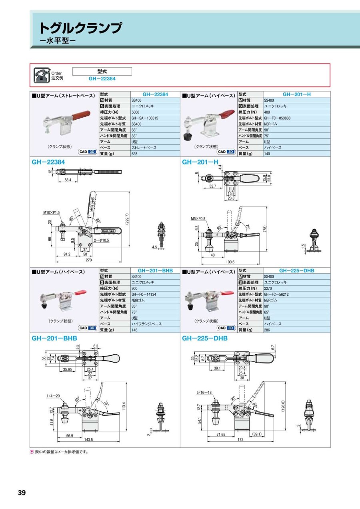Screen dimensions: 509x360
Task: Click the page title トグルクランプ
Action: [x=80, y=28]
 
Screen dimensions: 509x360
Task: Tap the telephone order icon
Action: [x=40, y=75]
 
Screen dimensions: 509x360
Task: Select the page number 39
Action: [x=22, y=493]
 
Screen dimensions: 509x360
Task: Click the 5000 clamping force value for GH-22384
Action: [x=136, y=112]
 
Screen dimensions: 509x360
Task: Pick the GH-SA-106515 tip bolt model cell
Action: [x=145, y=118]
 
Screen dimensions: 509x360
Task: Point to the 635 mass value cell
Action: [x=134, y=154]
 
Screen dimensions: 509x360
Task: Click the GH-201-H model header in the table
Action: [x=296, y=94]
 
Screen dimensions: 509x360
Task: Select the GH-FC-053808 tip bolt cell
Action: [x=277, y=118]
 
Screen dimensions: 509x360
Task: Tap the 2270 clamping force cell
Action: [x=268, y=288]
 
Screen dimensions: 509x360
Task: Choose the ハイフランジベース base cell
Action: [x=147, y=324]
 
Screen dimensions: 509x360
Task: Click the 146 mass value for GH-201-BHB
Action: [x=134, y=330]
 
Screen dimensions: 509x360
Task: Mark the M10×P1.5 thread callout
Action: [x=52, y=212]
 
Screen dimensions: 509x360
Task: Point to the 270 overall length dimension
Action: [x=89, y=260]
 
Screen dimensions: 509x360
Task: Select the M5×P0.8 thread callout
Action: [x=198, y=218]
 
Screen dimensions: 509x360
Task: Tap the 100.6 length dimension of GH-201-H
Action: [x=230, y=262]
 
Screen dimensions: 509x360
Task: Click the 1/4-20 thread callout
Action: [x=52, y=396]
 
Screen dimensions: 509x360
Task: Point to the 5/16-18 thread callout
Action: [x=204, y=393]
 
